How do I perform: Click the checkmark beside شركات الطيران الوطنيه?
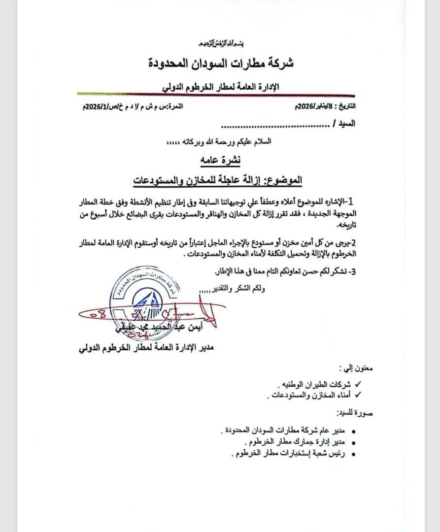[x=358, y=384]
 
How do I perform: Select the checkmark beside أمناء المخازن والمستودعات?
[x=358, y=395]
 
